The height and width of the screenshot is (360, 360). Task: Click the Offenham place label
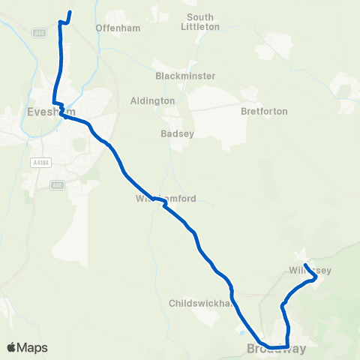[113, 28]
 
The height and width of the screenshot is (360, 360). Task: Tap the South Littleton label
[200, 22]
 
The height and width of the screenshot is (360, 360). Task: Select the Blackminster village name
[185, 76]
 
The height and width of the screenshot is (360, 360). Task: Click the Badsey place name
[177, 135]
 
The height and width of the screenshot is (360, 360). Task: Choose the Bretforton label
[264, 111]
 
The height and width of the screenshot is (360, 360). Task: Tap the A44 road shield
[40, 33]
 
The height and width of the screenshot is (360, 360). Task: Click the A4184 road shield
[40, 161]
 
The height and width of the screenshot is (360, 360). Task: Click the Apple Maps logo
[27, 347]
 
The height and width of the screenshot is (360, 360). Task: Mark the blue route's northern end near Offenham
[70, 13]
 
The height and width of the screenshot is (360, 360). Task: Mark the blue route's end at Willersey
[305, 264]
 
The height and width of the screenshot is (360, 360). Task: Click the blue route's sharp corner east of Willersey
[316, 277]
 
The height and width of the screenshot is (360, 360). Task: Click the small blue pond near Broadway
[240, 328]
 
